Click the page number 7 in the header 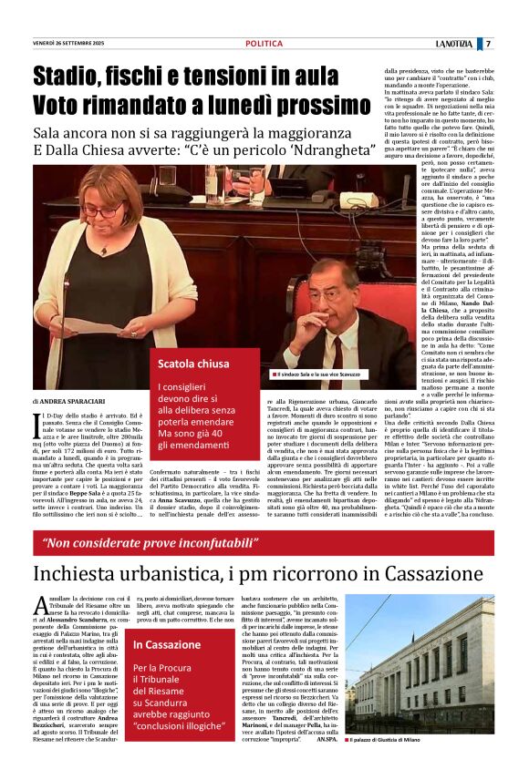coord(488,44)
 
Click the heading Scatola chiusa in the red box coord(194,364)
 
